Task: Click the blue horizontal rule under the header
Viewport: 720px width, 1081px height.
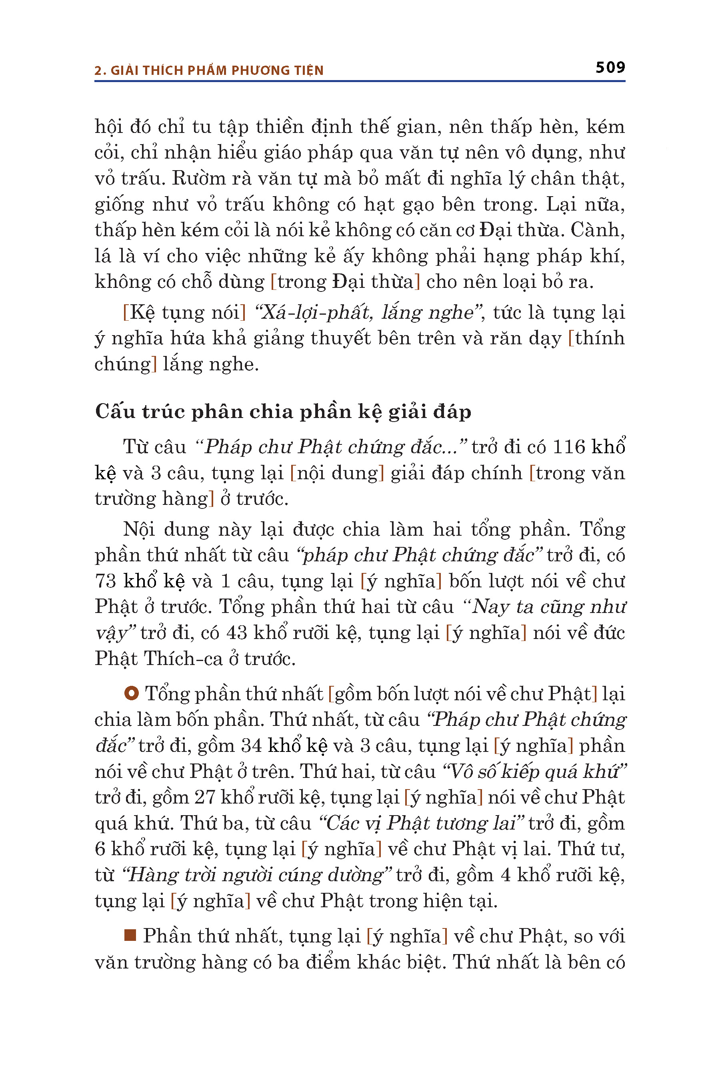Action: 360,81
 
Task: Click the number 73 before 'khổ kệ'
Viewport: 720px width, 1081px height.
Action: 105,581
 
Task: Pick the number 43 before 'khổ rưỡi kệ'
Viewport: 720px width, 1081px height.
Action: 237,633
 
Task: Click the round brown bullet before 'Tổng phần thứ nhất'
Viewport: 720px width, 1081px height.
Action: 131,693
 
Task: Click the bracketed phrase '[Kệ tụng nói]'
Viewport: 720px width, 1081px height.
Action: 184,313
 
